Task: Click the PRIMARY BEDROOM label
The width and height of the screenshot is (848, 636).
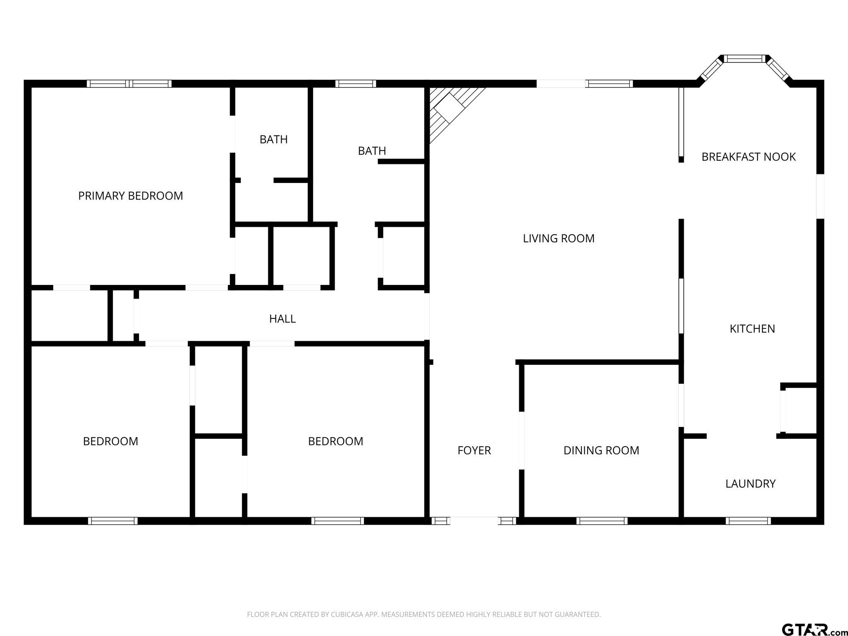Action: pyautogui.click(x=130, y=196)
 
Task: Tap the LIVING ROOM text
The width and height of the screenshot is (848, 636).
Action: pyautogui.click(x=559, y=238)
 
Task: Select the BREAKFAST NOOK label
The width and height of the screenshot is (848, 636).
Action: pyautogui.click(x=748, y=157)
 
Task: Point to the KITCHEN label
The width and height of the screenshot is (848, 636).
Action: pyautogui.click(x=752, y=329)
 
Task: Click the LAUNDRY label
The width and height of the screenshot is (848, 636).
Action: pyautogui.click(x=750, y=484)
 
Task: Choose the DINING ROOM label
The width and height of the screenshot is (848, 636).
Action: pyautogui.click(x=601, y=450)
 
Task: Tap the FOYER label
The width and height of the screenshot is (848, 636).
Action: pyautogui.click(x=474, y=450)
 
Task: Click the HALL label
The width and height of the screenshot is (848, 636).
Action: pyautogui.click(x=282, y=319)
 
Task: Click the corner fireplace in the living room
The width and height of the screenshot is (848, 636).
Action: pyautogui.click(x=449, y=108)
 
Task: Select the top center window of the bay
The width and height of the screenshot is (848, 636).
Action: pyautogui.click(x=745, y=59)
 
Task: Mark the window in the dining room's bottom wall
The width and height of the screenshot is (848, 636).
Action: pyautogui.click(x=602, y=521)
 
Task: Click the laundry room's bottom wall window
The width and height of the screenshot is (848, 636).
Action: pyautogui.click(x=748, y=521)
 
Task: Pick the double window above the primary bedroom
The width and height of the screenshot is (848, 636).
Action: pyautogui.click(x=129, y=84)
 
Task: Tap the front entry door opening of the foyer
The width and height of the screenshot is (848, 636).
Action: pyautogui.click(x=474, y=520)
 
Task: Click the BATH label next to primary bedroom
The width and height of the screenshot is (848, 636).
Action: pyautogui.click(x=273, y=140)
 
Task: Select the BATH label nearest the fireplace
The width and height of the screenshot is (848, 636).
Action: pyautogui.click(x=372, y=151)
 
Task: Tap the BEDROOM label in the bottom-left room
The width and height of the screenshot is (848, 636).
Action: pyautogui.click(x=111, y=441)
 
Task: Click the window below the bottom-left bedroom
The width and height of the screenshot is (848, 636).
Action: pyautogui.click(x=113, y=521)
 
